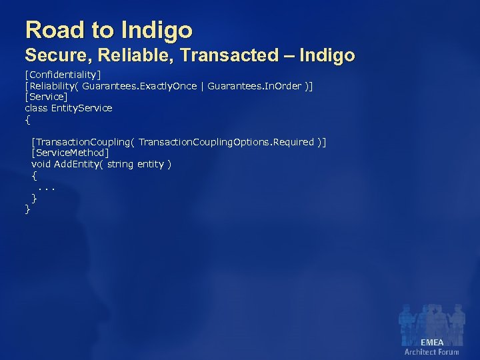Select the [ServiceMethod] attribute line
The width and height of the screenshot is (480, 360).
70,153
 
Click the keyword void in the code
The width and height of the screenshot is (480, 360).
41,164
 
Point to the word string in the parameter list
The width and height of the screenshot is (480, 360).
121,164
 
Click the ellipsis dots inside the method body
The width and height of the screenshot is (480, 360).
46,187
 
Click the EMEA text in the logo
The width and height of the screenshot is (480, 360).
432,343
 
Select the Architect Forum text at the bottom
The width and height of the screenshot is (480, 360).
432,352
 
